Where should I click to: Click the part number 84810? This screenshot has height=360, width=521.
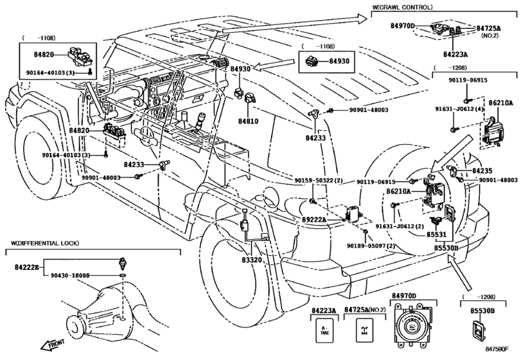tap(247, 121)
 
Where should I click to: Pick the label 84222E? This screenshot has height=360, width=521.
tap(26, 265)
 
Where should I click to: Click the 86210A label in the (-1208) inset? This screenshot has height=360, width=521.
tap(499, 102)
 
